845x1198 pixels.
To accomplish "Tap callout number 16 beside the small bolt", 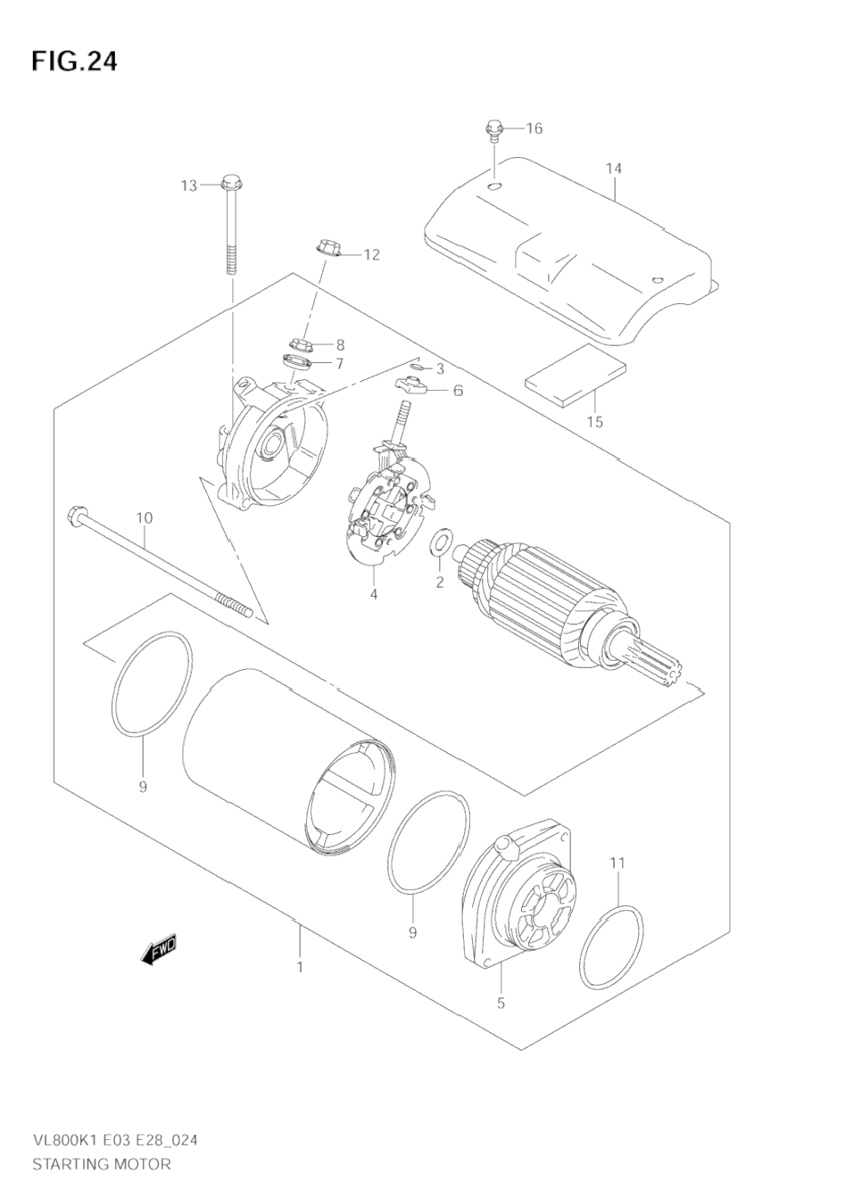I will point(533,128).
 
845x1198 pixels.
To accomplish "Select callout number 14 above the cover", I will point(613,169).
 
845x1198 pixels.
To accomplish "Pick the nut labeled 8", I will point(302,343).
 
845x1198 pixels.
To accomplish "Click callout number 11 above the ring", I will point(617,863).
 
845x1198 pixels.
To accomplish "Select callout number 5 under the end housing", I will point(501,1004).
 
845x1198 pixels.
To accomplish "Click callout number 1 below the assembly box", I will point(300,967).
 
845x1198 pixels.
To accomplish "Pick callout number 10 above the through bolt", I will point(145,518).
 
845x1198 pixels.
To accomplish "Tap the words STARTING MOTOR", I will point(101,1164).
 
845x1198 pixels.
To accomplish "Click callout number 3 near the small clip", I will point(440,368).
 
